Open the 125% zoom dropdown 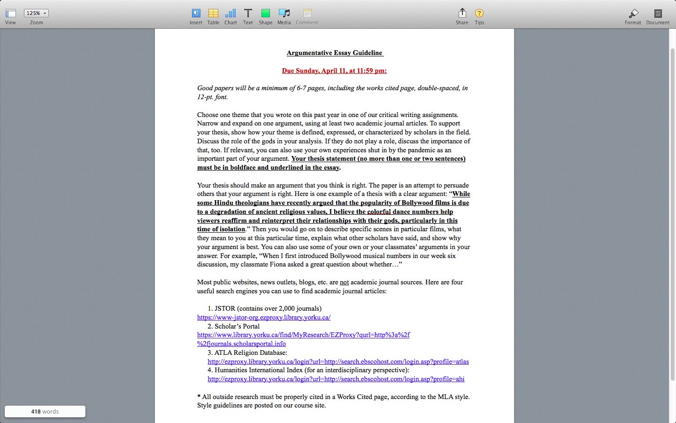36,13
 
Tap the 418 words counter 45,411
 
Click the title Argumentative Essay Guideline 335,53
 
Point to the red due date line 334,70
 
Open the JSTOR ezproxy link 264,317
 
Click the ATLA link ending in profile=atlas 338,361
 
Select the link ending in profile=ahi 336,379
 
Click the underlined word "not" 345,282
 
